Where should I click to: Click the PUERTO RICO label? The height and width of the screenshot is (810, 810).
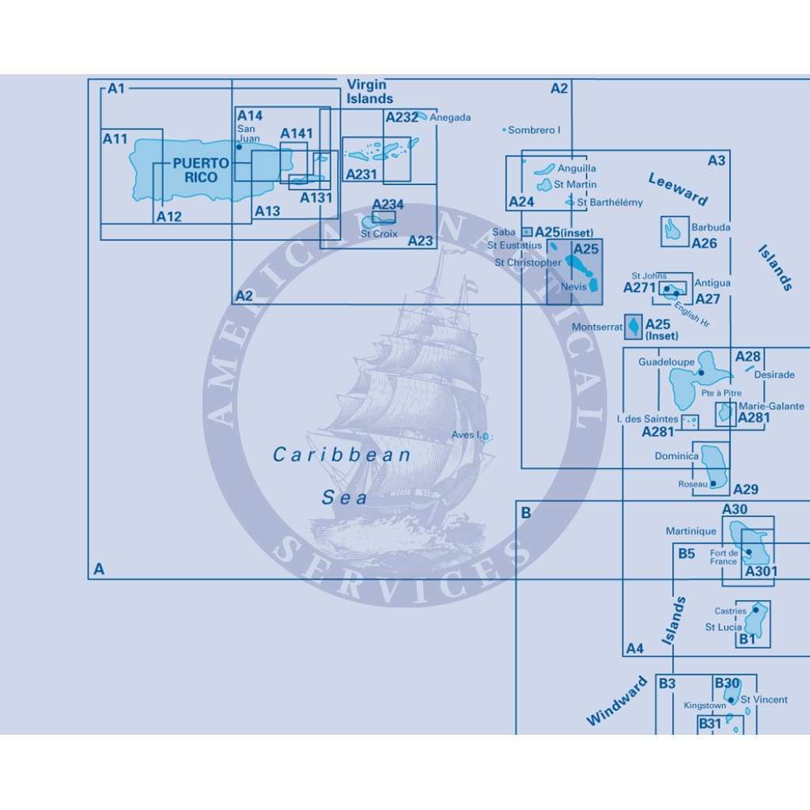[x=201, y=170]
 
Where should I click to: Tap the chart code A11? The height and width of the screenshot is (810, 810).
[x=115, y=139]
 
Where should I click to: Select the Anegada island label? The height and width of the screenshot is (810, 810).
[x=450, y=118]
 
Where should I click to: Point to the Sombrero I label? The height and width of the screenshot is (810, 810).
[x=534, y=130]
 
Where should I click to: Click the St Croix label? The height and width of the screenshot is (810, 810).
[x=379, y=234]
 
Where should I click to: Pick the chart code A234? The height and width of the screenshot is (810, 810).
[x=388, y=205]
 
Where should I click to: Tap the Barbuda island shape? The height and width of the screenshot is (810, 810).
[x=674, y=230]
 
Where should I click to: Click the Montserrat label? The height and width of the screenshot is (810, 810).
[x=597, y=327]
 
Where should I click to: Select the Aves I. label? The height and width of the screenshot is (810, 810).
[x=466, y=435]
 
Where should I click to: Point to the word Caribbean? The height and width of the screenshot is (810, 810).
[x=342, y=455]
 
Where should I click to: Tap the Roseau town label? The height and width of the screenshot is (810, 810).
[x=692, y=484]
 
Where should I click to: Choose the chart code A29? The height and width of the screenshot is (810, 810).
[x=745, y=489]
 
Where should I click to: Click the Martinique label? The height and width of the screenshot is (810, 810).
[x=691, y=532]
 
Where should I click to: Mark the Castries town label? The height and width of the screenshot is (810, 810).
[x=730, y=611]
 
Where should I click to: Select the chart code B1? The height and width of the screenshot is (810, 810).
[x=747, y=638]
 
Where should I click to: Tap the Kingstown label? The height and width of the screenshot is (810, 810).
[x=705, y=706]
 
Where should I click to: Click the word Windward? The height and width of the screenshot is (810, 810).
[x=617, y=702]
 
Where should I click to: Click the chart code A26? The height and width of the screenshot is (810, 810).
[x=704, y=244]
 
